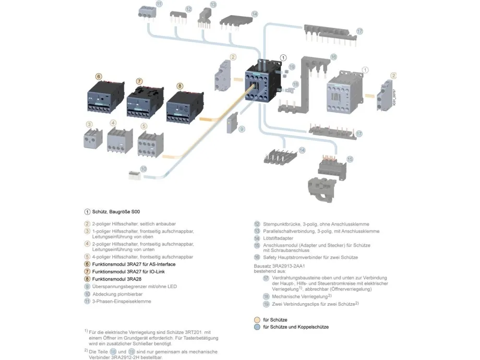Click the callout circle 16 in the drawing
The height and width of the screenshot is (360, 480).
click(333, 56)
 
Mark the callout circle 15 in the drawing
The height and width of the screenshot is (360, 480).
click(350, 159)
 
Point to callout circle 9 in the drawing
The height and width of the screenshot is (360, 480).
click(242, 129)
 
